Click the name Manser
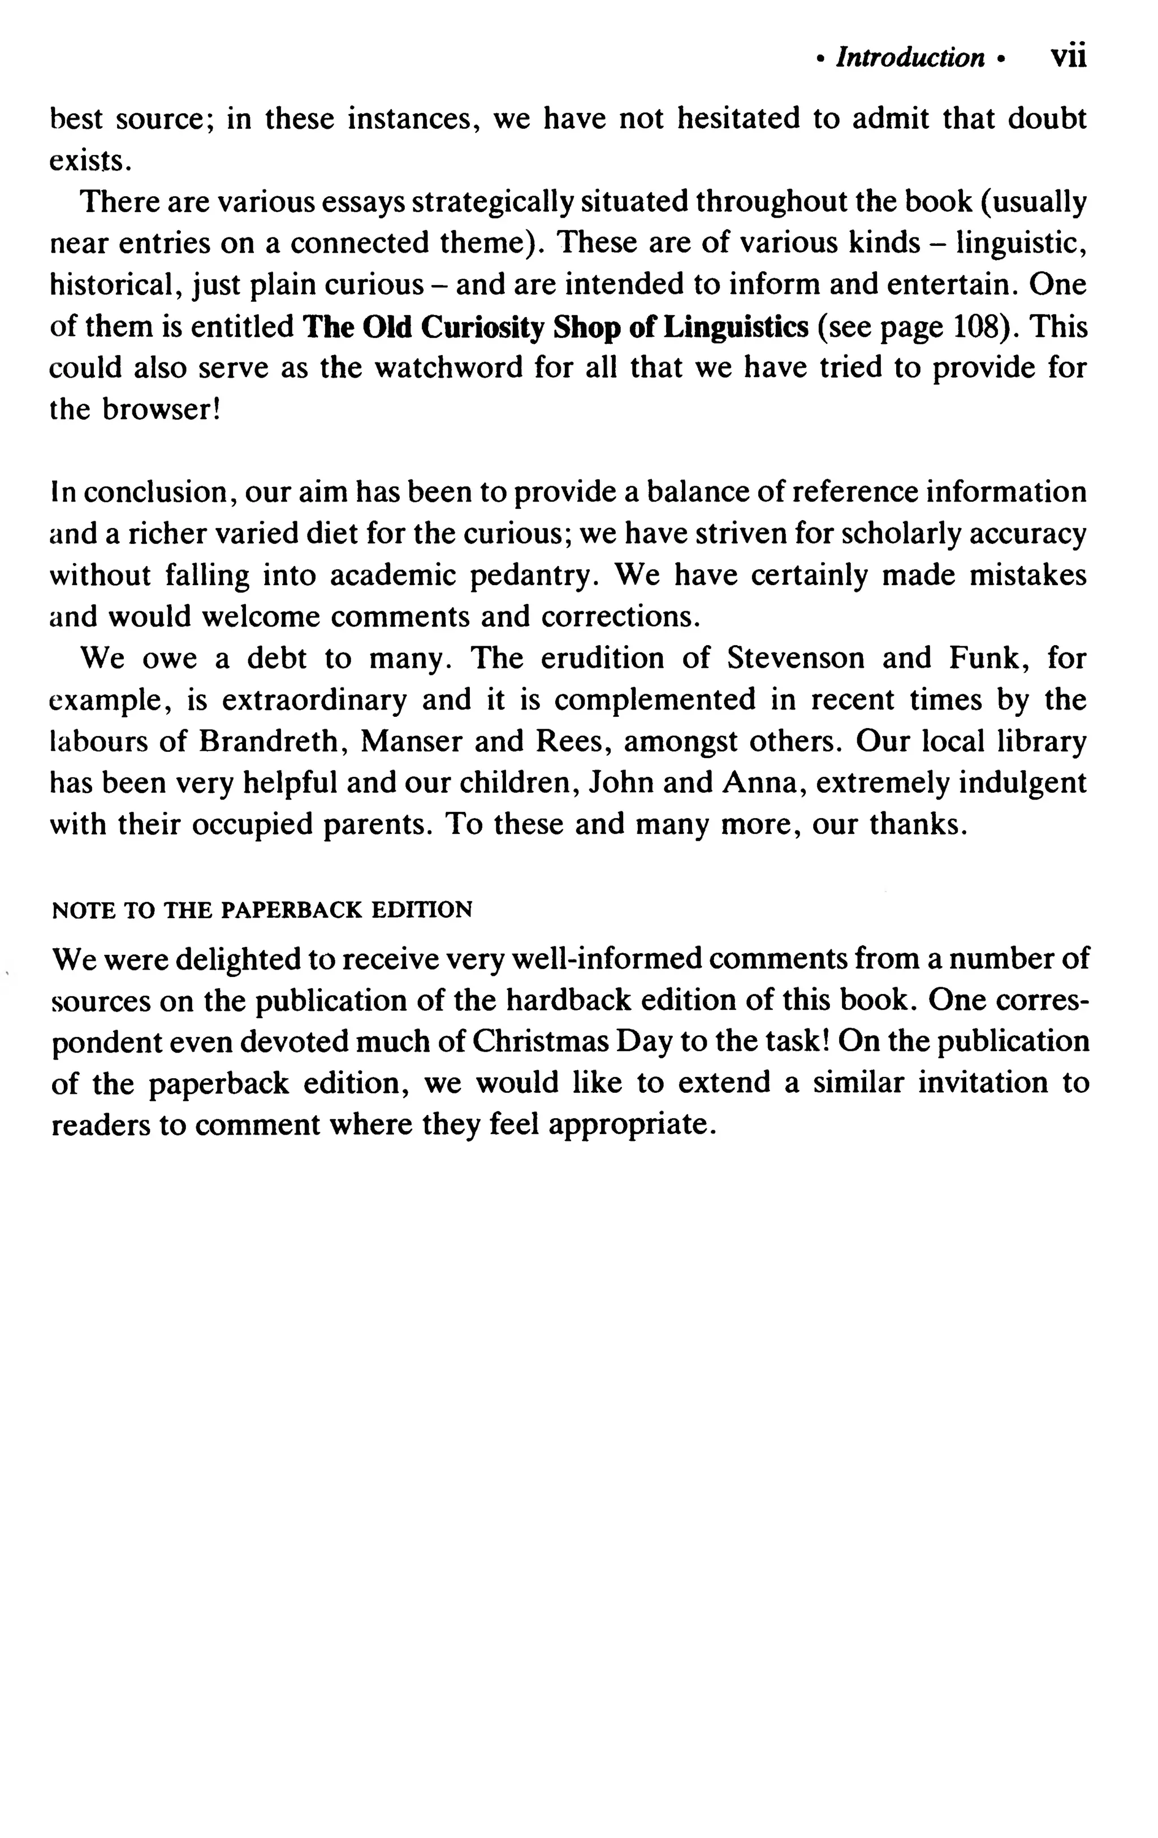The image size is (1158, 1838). [x=408, y=741]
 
